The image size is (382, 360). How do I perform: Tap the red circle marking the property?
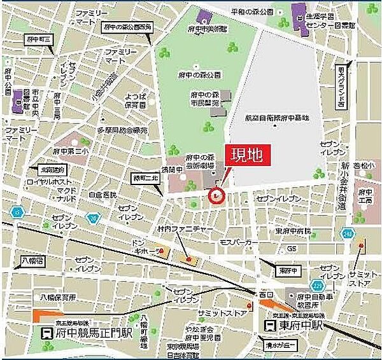[217, 197]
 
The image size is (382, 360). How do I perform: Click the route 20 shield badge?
[94, 218]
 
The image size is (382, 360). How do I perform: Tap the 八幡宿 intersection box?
[31, 260]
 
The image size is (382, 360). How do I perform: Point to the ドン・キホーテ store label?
[144, 247]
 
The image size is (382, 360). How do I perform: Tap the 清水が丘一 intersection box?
[281, 346]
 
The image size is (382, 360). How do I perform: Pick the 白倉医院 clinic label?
[104, 194]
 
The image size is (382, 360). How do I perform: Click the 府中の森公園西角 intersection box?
[127, 27]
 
